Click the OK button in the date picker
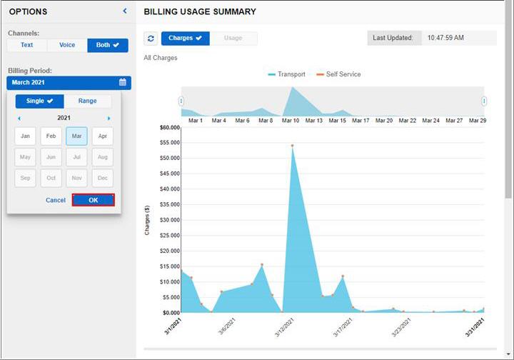pos(93,200)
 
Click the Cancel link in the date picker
pos(56,200)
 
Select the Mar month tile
pos(76,136)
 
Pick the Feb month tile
pos(51,136)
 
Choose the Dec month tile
pos(102,178)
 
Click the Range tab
pos(87,101)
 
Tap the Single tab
pos(39,101)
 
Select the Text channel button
pos(26,45)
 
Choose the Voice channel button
pos(67,45)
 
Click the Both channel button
pos(108,45)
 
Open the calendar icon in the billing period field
pos(123,83)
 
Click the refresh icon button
pos(151,39)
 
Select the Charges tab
pos(185,39)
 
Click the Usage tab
pos(233,39)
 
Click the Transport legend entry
pos(287,74)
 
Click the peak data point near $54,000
pos(292,146)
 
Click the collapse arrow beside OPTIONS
pos(125,11)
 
